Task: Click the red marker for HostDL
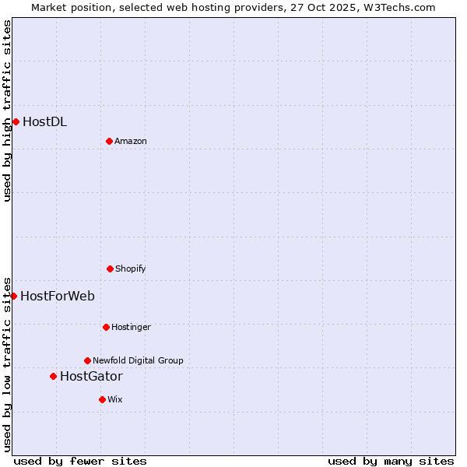coord(16,121)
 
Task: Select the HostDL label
coord(44,121)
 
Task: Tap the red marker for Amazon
coord(109,141)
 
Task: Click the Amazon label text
coord(131,141)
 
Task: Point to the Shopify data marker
coord(110,269)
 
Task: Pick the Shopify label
coord(131,269)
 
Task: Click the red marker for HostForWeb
coord(13,296)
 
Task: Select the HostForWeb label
coord(58,296)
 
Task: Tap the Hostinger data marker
coord(106,327)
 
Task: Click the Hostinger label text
coord(131,327)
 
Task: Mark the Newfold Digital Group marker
coord(87,360)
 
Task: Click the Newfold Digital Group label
coord(138,360)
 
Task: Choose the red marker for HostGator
coord(53,376)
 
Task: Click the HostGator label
coord(91,377)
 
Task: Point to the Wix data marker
coord(102,399)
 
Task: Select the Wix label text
coord(115,399)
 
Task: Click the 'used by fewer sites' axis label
coord(80,461)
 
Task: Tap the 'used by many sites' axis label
coord(391,461)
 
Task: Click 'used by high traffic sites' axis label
coord(7,111)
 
